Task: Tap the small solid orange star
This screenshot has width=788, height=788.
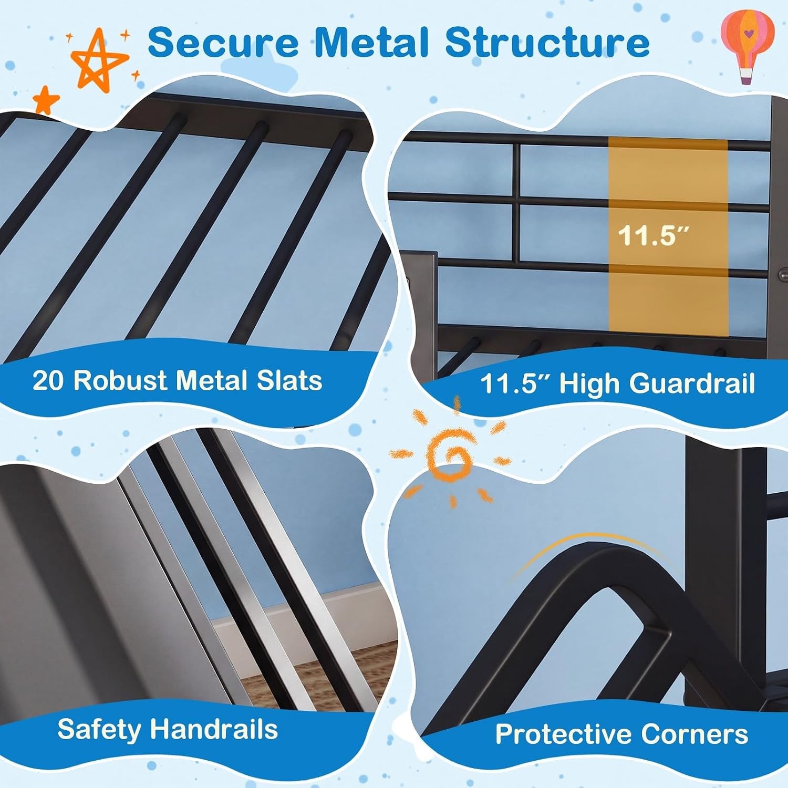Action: point(46,100)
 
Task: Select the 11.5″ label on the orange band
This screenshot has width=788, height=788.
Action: point(653,235)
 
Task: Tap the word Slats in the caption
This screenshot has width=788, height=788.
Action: point(289,380)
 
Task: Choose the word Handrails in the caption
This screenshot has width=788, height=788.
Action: point(214,729)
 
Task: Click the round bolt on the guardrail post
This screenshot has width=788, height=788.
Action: point(783,274)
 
